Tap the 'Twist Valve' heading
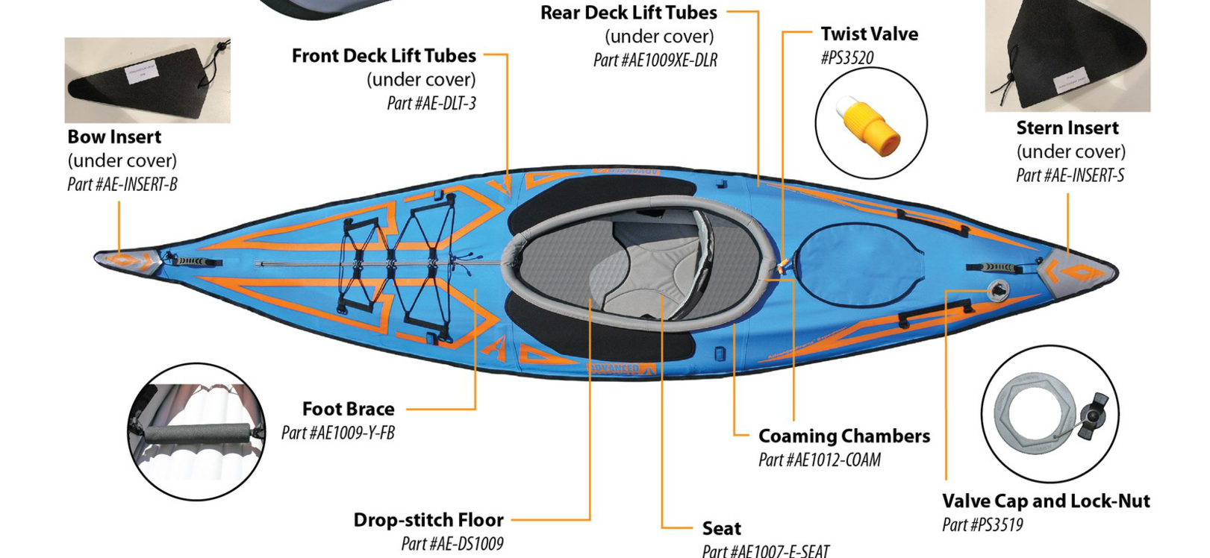(x=869, y=34)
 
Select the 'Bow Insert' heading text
(x=114, y=137)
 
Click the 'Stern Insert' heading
(x=1067, y=128)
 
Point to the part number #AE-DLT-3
(x=431, y=103)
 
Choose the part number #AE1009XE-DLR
(x=655, y=60)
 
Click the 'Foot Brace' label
(x=348, y=409)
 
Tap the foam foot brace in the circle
(x=197, y=433)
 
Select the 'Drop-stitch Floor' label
(x=428, y=519)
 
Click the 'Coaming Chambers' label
(x=843, y=436)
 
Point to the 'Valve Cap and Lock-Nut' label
(x=1045, y=501)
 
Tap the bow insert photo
(x=147, y=80)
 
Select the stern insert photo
(x=1067, y=56)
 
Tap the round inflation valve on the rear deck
(x=997, y=289)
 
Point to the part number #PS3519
(x=982, y=524)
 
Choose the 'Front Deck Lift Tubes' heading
(x=384, y=55)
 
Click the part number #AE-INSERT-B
(x=122, y=184)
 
